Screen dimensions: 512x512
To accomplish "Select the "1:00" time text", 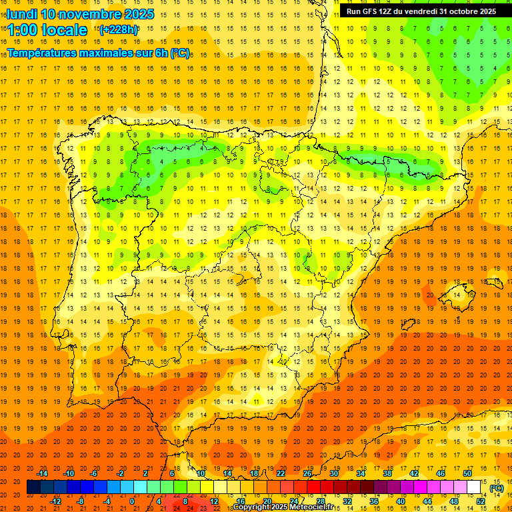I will coord(23,30).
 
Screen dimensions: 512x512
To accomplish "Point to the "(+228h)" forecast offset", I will coord(118,29).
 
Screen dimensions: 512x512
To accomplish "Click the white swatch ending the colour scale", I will coord(473,487).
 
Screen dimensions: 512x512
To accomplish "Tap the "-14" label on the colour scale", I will coord(43,473).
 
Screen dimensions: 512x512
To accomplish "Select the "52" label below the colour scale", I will coord(481,501).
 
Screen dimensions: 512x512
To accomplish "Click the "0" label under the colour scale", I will coord(132,501).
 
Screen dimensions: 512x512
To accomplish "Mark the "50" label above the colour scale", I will coord(467,473).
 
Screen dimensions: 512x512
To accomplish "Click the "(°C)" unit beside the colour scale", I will coord(497,487).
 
